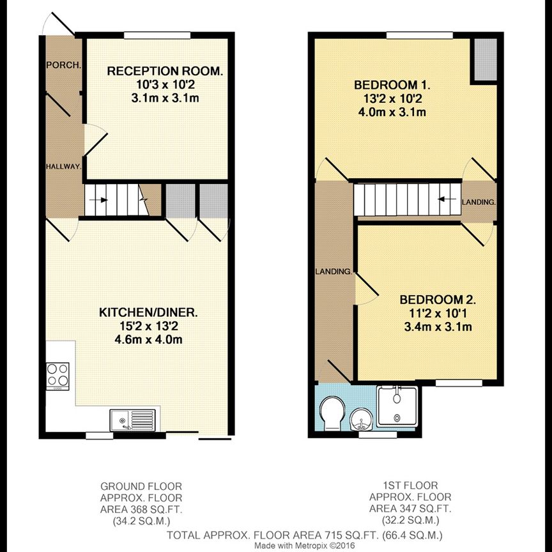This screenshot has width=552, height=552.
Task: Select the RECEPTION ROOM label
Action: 165,71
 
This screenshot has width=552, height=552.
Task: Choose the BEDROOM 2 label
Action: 438,300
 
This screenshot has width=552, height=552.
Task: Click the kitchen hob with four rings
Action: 57,374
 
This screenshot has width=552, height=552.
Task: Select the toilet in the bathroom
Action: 332,413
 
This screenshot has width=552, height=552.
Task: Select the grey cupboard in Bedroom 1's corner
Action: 484,60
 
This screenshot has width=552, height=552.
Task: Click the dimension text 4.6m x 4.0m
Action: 148,339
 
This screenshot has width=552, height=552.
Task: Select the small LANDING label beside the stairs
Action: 479,202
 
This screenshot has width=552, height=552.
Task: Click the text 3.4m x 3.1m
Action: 438,328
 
